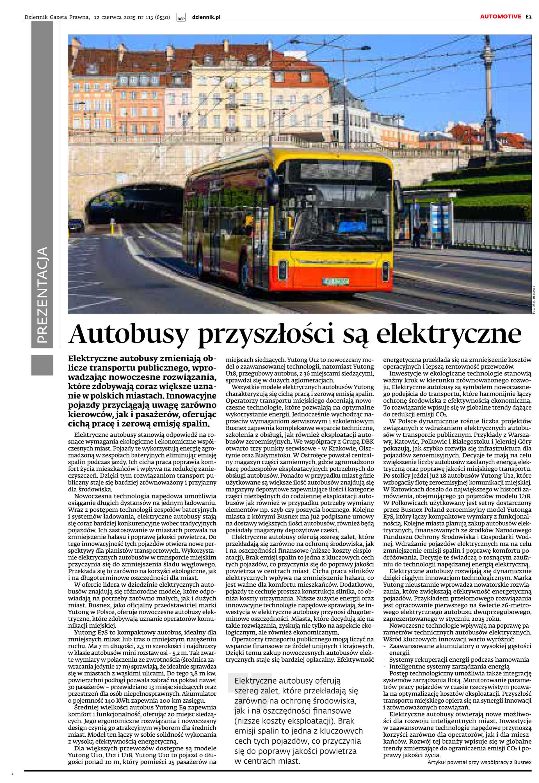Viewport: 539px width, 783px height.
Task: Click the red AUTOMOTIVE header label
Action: click(501, 17)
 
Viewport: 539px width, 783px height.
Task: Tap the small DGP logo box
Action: click(181, 18)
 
